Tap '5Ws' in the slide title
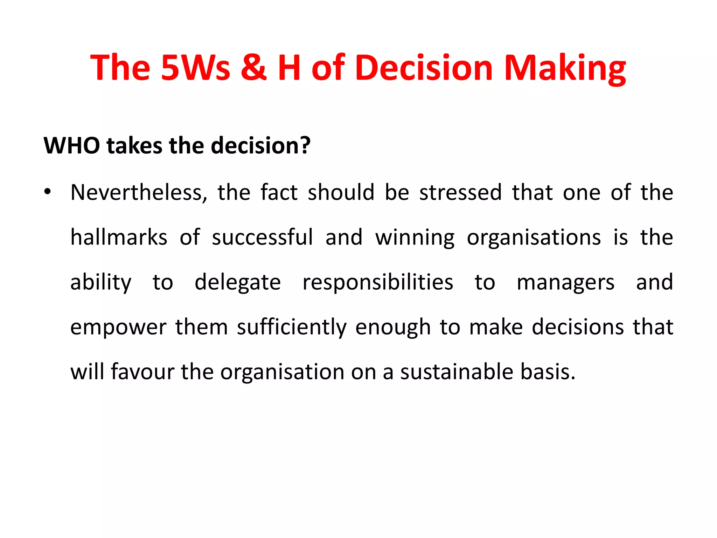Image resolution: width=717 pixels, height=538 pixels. click(x=195, y=67)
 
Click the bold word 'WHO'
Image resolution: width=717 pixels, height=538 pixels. click(x=72, y=145)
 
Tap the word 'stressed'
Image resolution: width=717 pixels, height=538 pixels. click(x=460, y=193)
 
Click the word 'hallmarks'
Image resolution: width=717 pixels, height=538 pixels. click(x=119, y=237)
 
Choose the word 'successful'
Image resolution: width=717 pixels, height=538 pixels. click(x=262, y=237)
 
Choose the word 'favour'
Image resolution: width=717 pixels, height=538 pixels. click(x=142, y=372)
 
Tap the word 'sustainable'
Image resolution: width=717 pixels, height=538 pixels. click(x=457, y=372)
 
